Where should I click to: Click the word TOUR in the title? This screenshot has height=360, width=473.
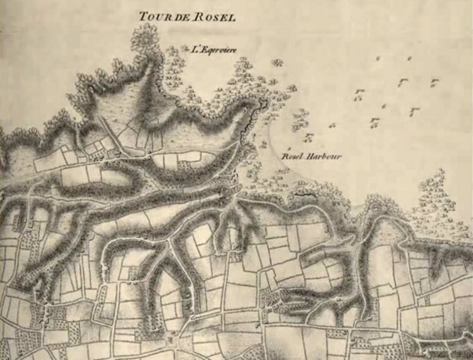pyautogui.click(x=152, y=16)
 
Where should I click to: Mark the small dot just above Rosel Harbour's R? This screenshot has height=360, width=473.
pyautogui.click(x=289, y=148)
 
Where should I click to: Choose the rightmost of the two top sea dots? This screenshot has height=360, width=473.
pyautogui.click(x=409, y=58)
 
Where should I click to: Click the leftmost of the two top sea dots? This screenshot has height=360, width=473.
pyautogui.click(x=378, y=58)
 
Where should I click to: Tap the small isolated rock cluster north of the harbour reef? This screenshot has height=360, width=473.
pyautogui.click(x=277, y=62)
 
